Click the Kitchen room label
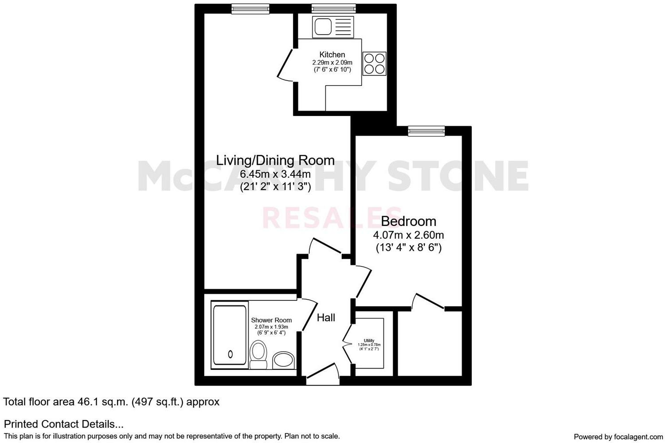[332, 54]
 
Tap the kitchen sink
[322, 27]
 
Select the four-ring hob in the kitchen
[375, 63]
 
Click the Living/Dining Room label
[275, 160]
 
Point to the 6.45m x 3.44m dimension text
[275, 174]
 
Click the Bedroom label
[408, 221]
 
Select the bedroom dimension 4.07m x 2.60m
[408, 235]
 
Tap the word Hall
[326, 318]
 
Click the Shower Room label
[271, 320]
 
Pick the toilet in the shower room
[258, 354]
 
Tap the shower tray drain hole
[230, 354]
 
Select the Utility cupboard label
[369, 341]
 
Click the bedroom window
[426, 131]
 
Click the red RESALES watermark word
[332, 218]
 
